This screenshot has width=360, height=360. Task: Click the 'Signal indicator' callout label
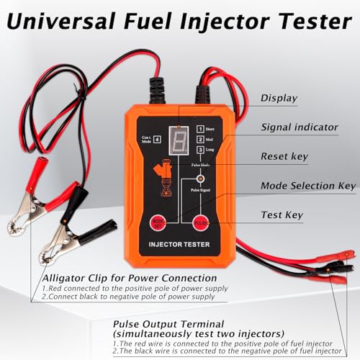(x=298, y=127)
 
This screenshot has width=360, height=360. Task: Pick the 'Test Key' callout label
(x=282, y=214)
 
